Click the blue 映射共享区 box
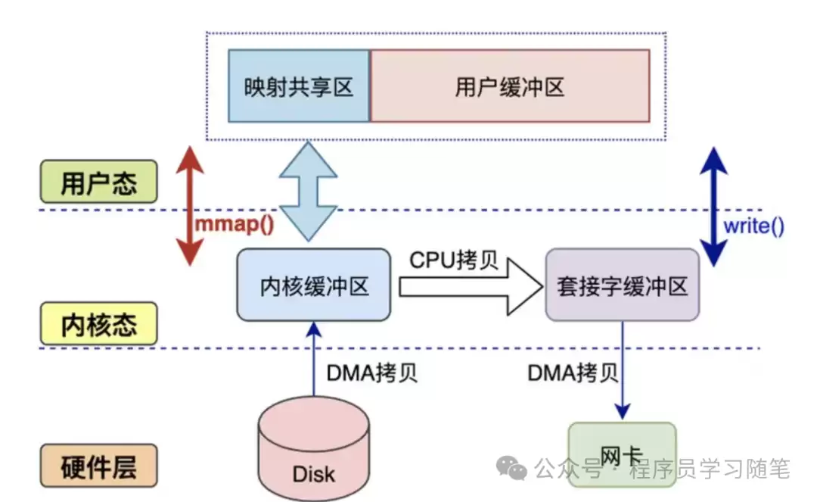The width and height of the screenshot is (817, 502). pyautogui.click(x=299, y=86)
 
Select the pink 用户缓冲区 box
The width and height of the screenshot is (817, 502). pyautogui.click(x=510, y=86)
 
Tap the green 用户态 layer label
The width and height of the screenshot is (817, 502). pyautogui.click(x=98, y=182)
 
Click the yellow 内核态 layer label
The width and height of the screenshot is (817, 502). pyautogui.click(x=98, y=323)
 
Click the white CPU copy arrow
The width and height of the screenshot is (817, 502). pyautogui.click(x=469, y=287)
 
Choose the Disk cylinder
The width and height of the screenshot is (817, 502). pyautogui.click(x=314, y=454)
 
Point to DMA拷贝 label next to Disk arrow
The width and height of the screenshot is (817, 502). pyautogui.click(x=371, y=373)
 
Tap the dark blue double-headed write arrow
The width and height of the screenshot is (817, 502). pyautogui.click(x=714, y=204)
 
